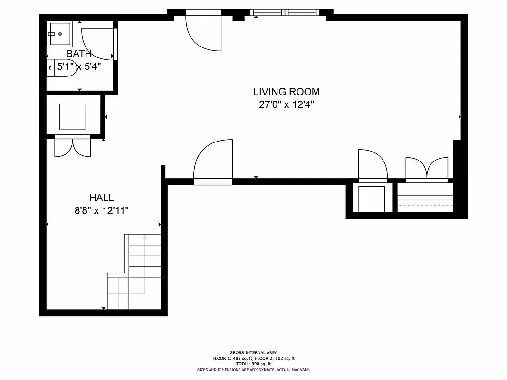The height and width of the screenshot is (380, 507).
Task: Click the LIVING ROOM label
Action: (x=286, y=92)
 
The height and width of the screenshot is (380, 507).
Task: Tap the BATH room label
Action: (x=79, y=54)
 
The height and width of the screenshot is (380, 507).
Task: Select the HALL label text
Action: (x=102, y=198)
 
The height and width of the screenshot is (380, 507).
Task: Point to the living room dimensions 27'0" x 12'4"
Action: (x=286, y=105)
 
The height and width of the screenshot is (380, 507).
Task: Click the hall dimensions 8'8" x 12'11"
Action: (x=102, y=211)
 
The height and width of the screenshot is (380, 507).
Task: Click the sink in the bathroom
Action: (x=59, y=34)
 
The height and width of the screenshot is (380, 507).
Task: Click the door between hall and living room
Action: (x=213, y=164)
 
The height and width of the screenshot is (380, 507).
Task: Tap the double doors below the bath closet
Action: (x=72, y=146)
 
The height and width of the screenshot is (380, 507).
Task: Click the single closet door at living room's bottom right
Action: (x=373, y=165)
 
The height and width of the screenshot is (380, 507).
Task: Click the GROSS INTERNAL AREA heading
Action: (x=253, y=352)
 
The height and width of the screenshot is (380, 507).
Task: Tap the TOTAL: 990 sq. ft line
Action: (x=253, y=363)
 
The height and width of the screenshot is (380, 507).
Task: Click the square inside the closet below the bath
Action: (x=73, y=116)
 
